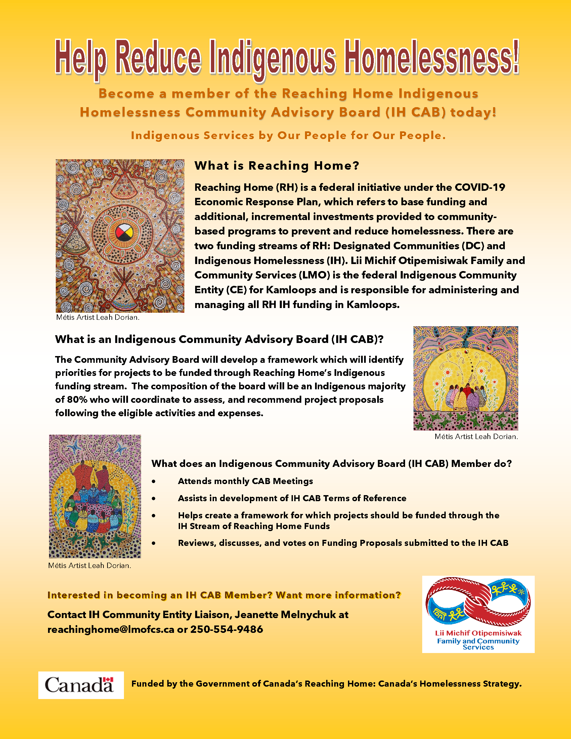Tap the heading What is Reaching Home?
pos(276,166)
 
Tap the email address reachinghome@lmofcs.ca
pos(111,629)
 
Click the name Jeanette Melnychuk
pos(285,614)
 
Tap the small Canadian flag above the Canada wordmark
pos(108,680)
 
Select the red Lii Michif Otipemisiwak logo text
pos(478,633)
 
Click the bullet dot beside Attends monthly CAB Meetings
pos(154,481)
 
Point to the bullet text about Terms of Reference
pos(292,498)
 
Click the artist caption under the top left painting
pos(98,317)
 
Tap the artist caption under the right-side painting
pos(476,436)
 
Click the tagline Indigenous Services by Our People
pos(288,135)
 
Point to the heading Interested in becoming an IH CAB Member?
pos(224,595)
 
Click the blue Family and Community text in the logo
pos(478,641)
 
